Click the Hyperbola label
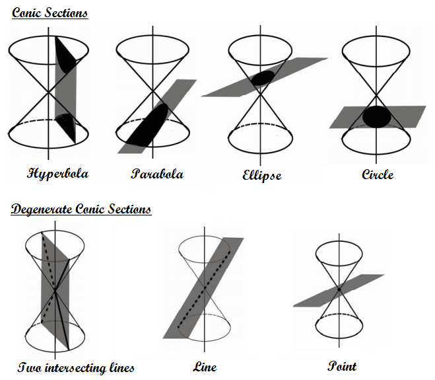pyautogui.click(x=57, y=174)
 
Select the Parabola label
pyautogui.click(x=156, y=174)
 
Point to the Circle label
pyautogui.click(x=378, y=174)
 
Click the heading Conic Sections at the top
pyautogui.click(x=50, y=13)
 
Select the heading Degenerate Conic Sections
pyautogui.click(x=81, y=209)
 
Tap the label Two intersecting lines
pyautogui.click(x=76, y=367)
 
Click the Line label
pyautogui.click(x=205, y=367)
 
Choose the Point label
pyautogui.click(x=342, y=365)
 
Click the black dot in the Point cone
pyautogui.click(x=338, y=289)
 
